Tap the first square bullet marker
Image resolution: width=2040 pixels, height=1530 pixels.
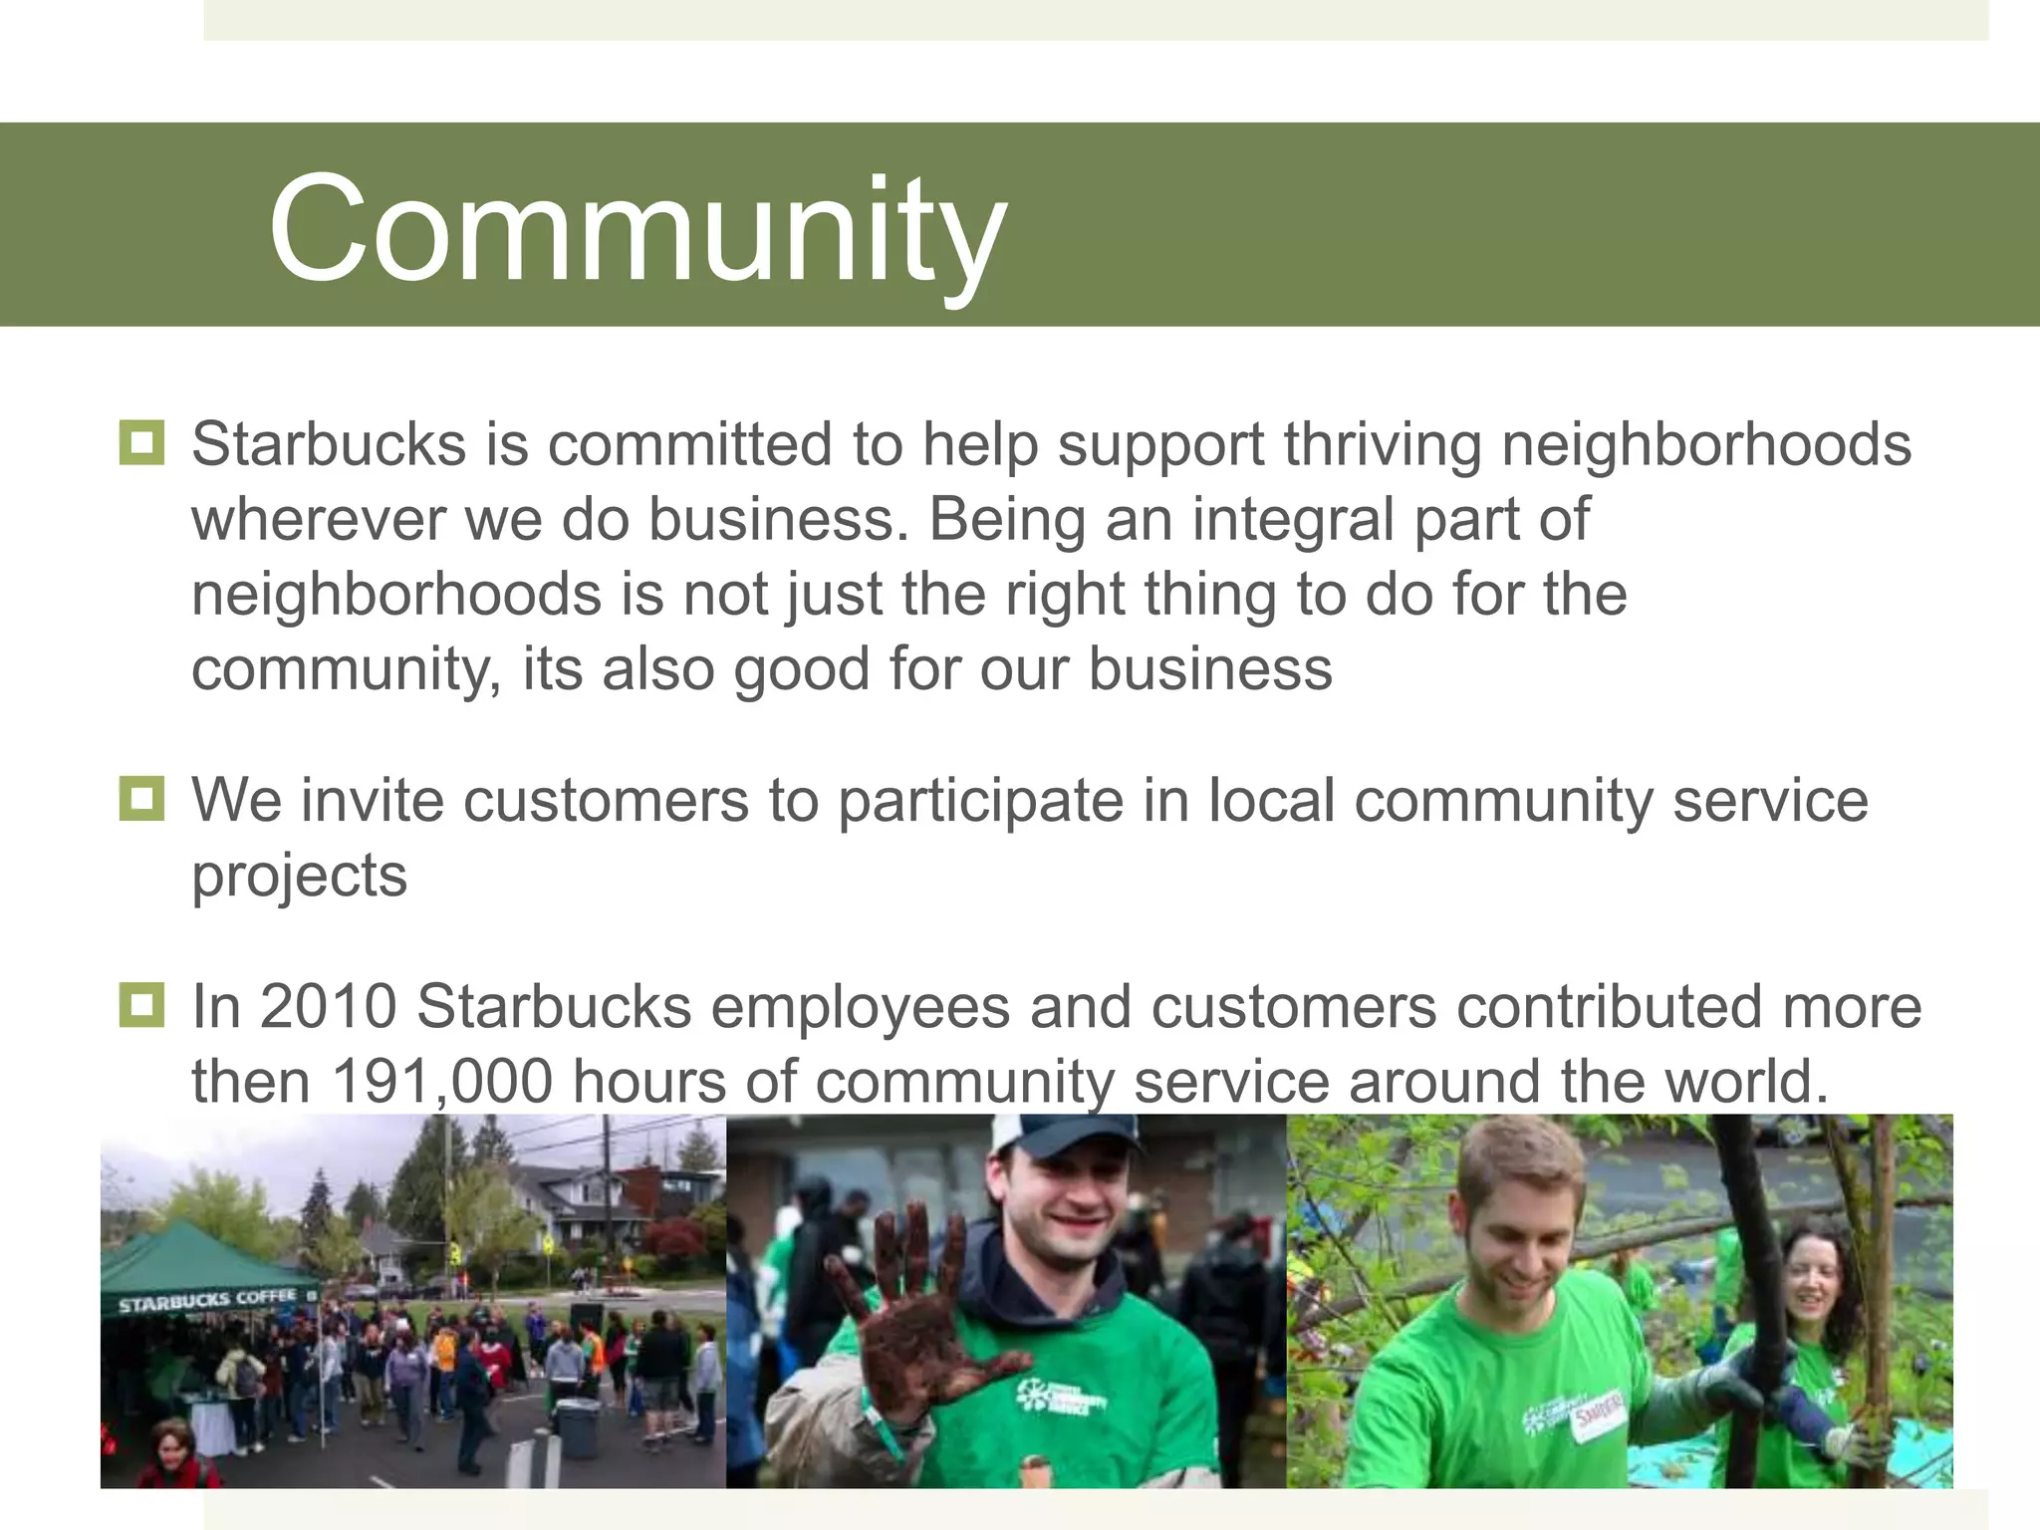(141, 442)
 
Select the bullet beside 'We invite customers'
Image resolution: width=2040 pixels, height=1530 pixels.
(141, 799)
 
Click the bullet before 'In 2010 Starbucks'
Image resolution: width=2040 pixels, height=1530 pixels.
(141, 1004)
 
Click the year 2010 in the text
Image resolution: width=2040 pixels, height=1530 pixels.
(329, 1006)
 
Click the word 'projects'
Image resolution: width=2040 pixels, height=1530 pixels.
(299, 877)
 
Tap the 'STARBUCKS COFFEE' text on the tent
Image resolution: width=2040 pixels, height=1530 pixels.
(207, 1301)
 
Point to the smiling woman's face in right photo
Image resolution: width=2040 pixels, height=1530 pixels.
(1813, 1285)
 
